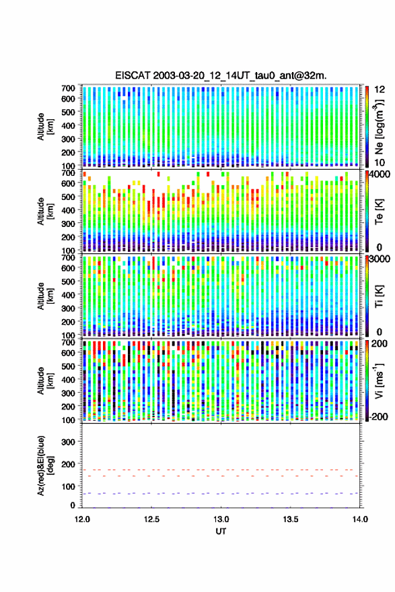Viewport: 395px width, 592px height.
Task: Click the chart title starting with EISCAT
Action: tap(221, 75)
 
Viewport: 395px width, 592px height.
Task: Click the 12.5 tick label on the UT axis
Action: tap(151, 519)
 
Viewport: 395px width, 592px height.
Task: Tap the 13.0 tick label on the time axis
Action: tap(221, 519)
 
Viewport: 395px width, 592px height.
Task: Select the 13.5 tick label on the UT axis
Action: tap(291, 519)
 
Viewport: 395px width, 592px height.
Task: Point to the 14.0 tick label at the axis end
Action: tap(360, 519)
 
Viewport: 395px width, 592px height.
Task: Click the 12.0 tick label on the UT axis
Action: tap(82, 519)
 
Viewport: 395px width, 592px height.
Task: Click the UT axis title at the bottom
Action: tap(221, 531)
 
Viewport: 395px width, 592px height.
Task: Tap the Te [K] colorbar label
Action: tap(379, 211)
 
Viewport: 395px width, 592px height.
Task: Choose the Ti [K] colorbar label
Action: tap(379, 296)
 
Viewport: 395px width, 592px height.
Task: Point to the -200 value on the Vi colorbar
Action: tap(378, 417)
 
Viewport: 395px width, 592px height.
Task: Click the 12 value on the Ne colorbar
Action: tap(380, 90)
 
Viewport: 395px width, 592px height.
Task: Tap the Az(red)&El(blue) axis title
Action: tap(45, 465)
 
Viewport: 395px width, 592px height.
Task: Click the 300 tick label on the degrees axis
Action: tap(68, 442)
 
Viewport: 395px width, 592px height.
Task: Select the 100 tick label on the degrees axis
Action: tap(68, 487)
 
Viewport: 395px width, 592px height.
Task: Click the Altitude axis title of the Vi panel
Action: tap(45, 381)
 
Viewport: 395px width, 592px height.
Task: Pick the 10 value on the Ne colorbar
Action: tap(380, 163)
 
